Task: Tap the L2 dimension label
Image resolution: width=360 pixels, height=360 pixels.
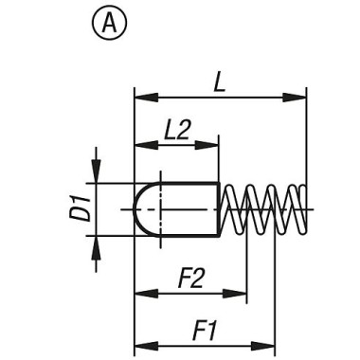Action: [x=175, y=131]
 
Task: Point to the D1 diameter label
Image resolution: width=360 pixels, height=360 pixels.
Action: [x=81, y=208]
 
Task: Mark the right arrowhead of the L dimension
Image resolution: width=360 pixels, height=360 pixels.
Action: [x=300, y=96]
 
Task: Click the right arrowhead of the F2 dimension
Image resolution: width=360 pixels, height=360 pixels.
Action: [x=241, y=295]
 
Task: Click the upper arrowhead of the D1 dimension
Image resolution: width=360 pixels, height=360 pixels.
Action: [x=96, y=175]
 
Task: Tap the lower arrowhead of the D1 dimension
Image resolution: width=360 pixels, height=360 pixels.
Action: [x=96, y=242]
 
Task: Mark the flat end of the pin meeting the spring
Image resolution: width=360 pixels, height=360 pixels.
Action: [x=220, y=208]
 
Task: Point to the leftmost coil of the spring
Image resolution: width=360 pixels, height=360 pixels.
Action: [x=233, y=208]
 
